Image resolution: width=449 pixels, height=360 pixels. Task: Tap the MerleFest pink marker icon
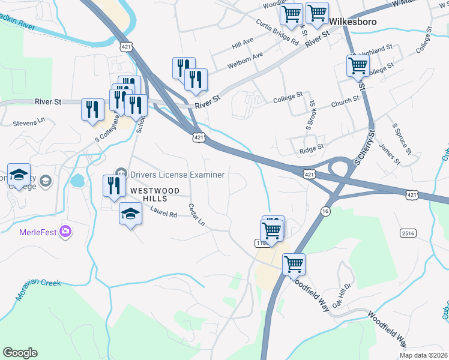(65, 231)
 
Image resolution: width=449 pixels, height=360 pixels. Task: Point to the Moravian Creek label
(38, 282)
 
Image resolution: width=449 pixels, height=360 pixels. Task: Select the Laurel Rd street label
(163, 212)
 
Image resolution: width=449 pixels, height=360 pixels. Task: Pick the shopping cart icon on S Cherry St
(358, 65)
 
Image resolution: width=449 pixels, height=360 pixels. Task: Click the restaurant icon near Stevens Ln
(91, 109)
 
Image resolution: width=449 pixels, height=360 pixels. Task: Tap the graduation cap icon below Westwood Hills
(130, 213)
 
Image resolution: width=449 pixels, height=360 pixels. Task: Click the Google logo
(20, 353)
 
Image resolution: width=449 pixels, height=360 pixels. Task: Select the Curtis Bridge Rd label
(277, 32)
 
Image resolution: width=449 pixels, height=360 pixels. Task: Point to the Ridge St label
(312, 146)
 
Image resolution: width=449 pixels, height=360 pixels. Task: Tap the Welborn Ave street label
(245, 60)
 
